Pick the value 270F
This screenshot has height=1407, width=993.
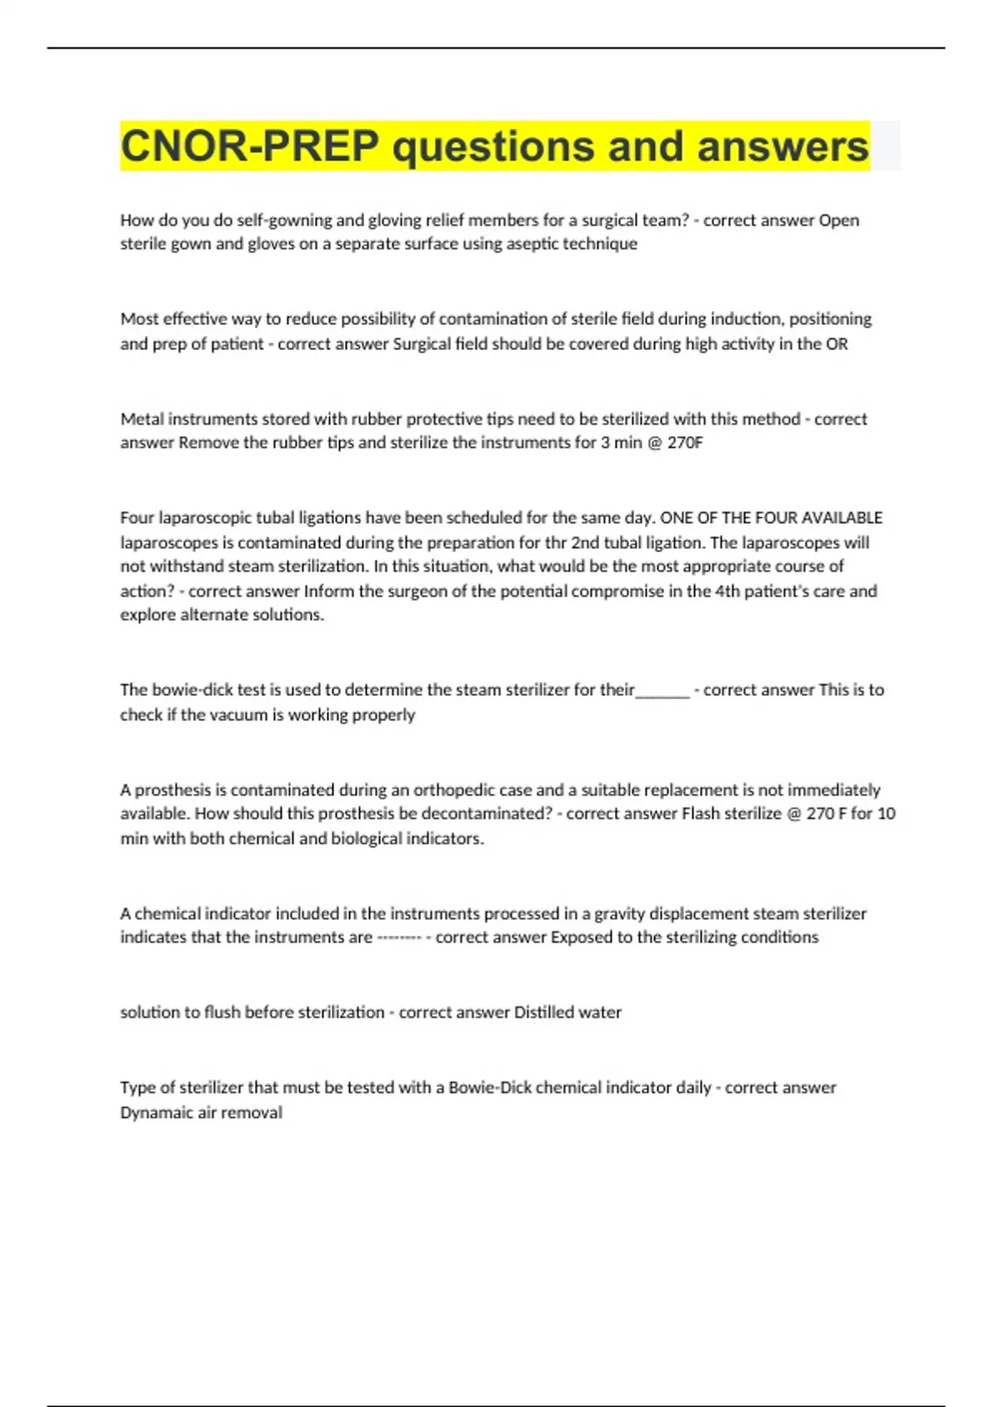pyautogui.click(x=685, y=442)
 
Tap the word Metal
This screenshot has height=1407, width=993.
pyautogui.click(x=142, y=419)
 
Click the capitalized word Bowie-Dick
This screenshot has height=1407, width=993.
pyautogui.click(x=490, y=1088)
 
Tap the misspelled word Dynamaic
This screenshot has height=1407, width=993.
pyautogui.click(x=156, y=1112)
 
